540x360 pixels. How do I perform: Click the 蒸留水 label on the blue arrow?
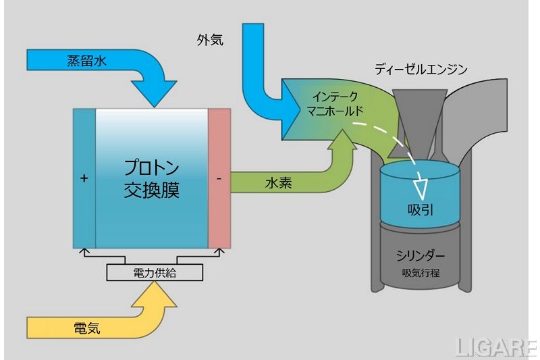(88, 60)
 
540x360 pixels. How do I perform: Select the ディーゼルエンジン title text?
(421, 69)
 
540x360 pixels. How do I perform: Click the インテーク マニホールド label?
(330, 103)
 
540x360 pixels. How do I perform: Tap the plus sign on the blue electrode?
(84, 179)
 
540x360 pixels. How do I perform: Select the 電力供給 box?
(154, 273)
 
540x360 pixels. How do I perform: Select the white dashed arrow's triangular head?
(424, 182)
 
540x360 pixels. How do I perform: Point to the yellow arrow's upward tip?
(154, 284)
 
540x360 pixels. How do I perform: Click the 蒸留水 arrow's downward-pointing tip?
(155, 101)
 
